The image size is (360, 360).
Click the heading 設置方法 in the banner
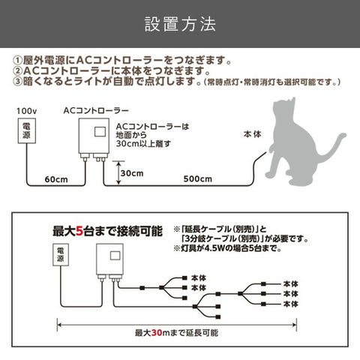pyautogui.click(x=180, y=24)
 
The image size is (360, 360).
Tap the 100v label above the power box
pyautogui.click(x=26, y=111)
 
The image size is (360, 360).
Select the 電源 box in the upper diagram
pyautogui.click(x=27, y=130)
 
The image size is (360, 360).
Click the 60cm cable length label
pyautogui.click(x=56, y=179)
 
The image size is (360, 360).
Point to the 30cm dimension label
pyautogui.click(x=132, y=173)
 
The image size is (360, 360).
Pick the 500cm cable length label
pyautogui.click(x=197, y=178)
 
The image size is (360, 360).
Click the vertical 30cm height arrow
pyautogui.click(x=118, y=173)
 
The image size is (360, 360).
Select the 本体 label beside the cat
pyautogui.click(x=253, y=134)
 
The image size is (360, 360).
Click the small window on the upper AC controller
pyautogui.click(x=100, y=132)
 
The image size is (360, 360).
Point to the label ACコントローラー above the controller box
pyautogui.click(x=96, y=110)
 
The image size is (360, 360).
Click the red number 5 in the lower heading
pyautogui.click(x=79, y=231)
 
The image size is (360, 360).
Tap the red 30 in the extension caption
pyautogui.click(x=157, y=333)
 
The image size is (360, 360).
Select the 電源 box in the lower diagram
pyautogui.click(x=61, y=255)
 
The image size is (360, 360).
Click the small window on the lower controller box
pyautogui.click(x=115, y=256)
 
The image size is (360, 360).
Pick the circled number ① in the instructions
pyautogui.click(x=18, y=61)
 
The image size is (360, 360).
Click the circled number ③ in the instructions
pyautogui.click(x=18, y=82)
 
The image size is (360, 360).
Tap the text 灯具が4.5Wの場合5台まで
pyautogui.click(x=231, y=248)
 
